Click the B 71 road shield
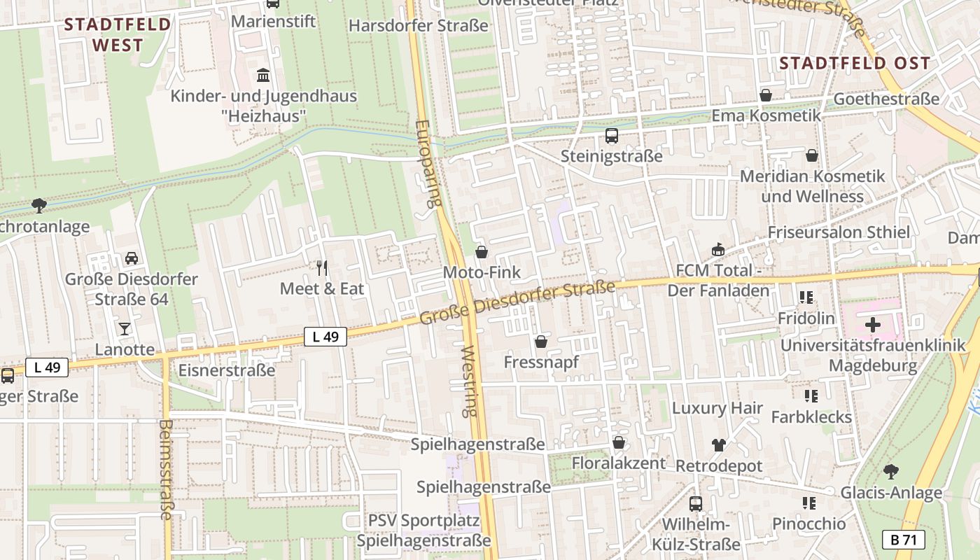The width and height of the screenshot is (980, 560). (904, 540)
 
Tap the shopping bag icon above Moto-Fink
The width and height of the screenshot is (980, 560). (482, 252)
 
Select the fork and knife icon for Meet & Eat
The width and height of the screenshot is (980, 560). (322, 267)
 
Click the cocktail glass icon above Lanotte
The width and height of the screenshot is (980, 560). (125, 328)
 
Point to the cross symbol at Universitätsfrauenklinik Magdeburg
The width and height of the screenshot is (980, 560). (873, 324)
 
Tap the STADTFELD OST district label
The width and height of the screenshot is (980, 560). (855, 63)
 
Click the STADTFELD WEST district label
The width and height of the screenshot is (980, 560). (118, 35)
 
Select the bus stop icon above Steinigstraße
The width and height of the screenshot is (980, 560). (611, 136)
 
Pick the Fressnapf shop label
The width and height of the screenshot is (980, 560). (541, 362)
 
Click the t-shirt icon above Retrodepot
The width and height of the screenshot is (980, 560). (718, 444)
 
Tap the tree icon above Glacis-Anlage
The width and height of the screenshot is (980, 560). (890, 471)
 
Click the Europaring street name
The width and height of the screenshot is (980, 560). (426, 164)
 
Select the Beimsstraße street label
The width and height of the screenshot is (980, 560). (167, 469)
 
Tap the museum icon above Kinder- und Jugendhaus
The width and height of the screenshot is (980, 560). (263, 75)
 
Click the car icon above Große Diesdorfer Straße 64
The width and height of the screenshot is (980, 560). (131, 258)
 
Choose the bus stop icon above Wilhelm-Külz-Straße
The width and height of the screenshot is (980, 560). (696, 503)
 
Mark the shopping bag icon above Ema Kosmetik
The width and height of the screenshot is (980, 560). (766, 95)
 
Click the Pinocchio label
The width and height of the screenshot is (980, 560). (808, 524)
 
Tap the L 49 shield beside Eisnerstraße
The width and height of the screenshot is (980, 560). (325, 337)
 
